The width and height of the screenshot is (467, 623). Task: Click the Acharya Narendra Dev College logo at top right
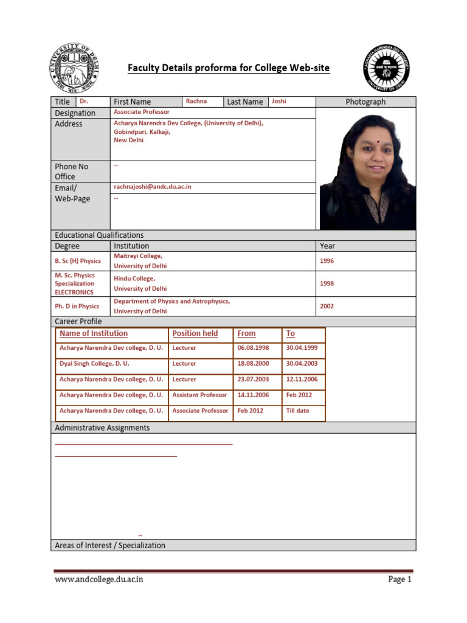[x=386, y=69]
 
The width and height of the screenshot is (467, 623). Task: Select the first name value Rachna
[x=196, y=102]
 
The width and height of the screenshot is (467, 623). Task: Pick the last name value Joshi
[x=279, y=102]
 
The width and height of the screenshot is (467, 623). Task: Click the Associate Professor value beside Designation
[x=142, y=112]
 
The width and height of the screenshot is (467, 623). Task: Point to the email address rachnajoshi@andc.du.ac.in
[x=153, y=187]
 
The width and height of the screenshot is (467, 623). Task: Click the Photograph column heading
[x=365, y=102]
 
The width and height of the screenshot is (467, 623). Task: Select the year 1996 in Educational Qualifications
[x=327, y=261]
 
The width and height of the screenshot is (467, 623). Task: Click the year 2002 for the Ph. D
[x=327, y=307]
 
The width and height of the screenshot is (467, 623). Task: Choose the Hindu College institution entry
[x=130, y=278]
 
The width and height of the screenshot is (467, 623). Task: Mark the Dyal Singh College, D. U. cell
[x=94, y=363]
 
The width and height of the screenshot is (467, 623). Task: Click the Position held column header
[x=195, y=333]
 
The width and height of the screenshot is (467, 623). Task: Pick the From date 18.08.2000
[x=251, y=363]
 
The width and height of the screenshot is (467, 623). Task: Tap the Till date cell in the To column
[x=297, y=411]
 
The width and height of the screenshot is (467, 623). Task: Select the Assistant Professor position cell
[x=199, y=395]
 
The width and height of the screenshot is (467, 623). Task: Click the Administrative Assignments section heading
[x=102, y=428]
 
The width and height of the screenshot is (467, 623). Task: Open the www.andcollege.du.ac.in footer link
[x=99, y=580]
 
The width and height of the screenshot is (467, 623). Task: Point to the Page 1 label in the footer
[x=400, y=580]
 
